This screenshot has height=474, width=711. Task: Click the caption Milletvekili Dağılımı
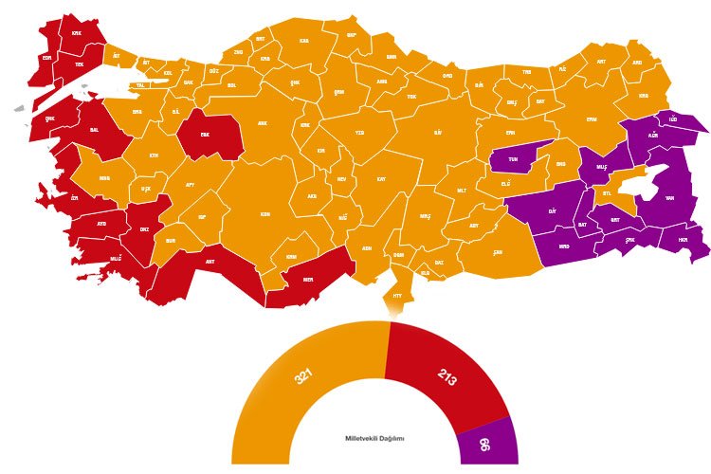(374, 439)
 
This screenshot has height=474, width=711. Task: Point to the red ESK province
(203, 134)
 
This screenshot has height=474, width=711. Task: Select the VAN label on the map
(668, 199)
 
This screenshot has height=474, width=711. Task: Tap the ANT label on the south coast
(210, 261)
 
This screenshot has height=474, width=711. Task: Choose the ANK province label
(264, 122)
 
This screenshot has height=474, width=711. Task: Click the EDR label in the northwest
(46, 56)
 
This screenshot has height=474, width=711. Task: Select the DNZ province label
(143, 228)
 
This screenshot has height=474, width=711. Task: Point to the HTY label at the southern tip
(399, 296)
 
